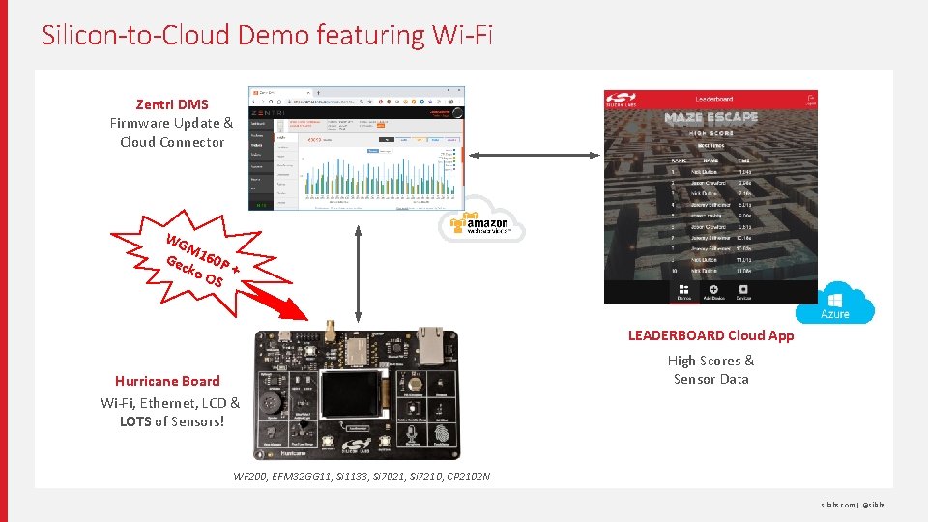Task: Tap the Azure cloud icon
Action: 835,307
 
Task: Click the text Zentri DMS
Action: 171,104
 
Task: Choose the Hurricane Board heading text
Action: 167,381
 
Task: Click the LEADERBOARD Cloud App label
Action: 710,335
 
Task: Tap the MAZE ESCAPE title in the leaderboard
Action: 710,117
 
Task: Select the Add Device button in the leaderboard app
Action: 712,291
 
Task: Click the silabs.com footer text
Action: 838,505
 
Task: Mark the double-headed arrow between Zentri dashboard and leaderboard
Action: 533,154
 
